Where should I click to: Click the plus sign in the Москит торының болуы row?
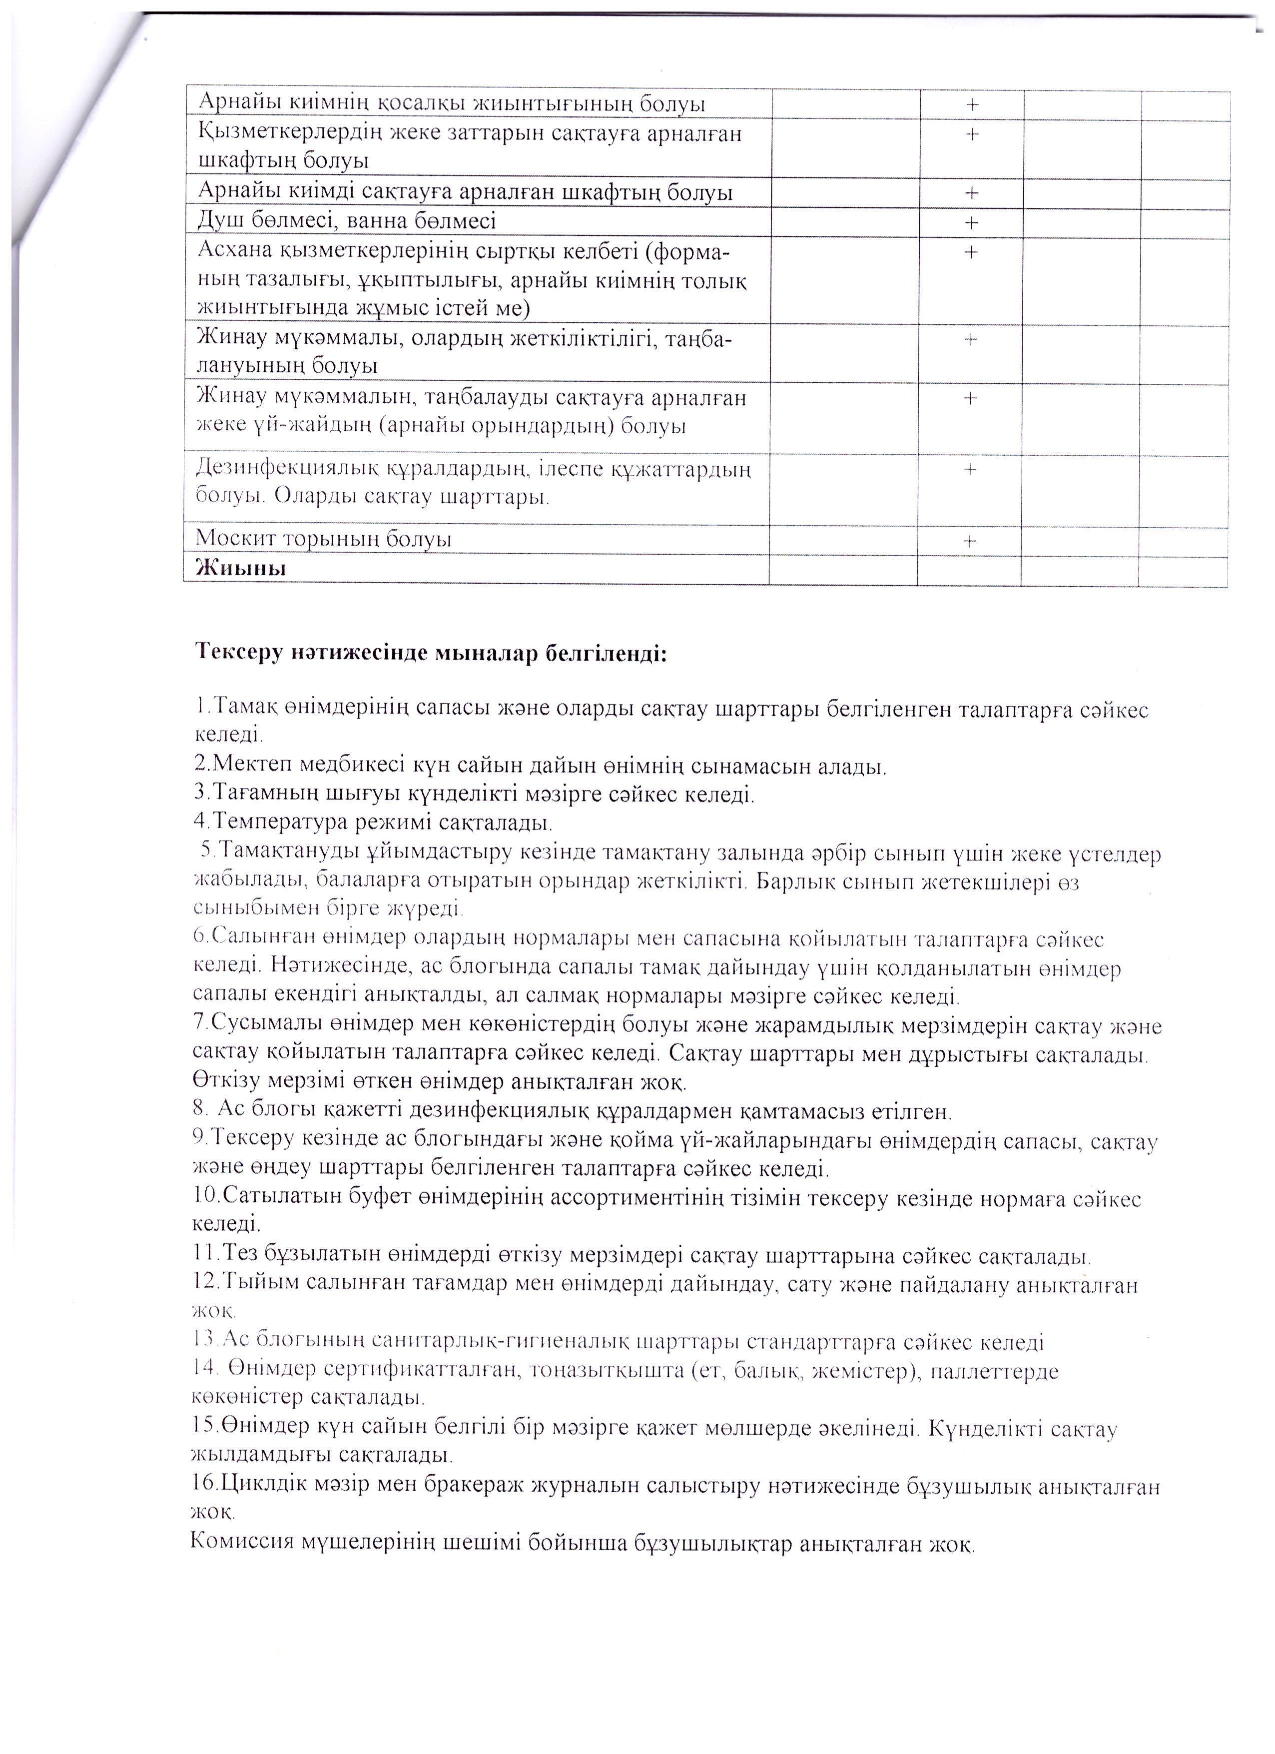click(970, 541)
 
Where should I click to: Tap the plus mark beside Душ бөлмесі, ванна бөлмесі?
click(972, 223)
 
